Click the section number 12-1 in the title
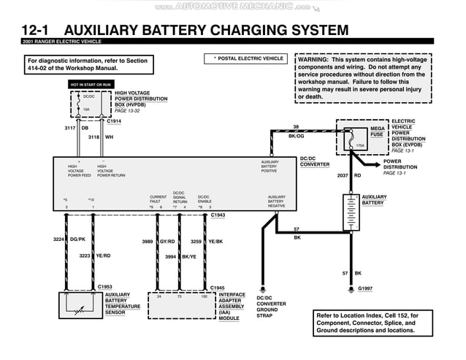tap(37, 30)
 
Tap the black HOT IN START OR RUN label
tap(91, 85)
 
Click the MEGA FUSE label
tap(377, 131)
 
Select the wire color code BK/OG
tap(296, 136)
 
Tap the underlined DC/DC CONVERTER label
tap(316, 161)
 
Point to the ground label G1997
tap(365, 288)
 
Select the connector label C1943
tap(218, 215)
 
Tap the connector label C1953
tap(105, 287)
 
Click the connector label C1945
tap(218, 287)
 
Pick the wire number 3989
tap(148, 241)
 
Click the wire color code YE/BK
tap(215, 241)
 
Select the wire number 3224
tap(59, 239)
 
